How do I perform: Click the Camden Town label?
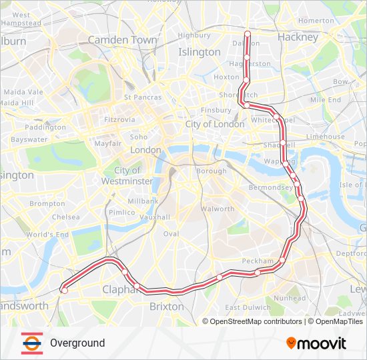122,40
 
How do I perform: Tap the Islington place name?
199,52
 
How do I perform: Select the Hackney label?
298,37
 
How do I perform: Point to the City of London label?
216,124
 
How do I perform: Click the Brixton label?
167,307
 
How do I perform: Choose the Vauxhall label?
154,217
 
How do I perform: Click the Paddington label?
45,127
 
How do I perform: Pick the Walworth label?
218,209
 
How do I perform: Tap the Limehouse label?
326,137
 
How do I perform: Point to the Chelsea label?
65,217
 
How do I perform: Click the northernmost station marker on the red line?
248,33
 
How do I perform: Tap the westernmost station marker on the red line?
64,290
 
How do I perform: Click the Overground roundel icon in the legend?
30,343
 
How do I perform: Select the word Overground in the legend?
77,343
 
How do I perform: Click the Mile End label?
326,100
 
